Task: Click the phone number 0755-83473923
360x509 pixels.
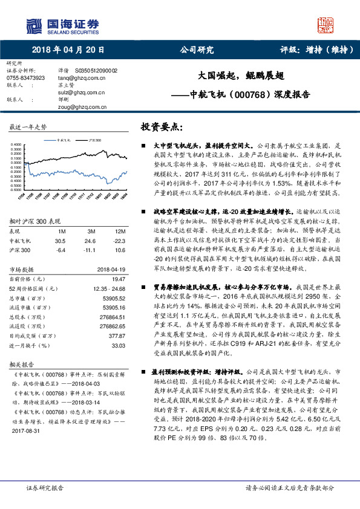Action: [x=26, y=78]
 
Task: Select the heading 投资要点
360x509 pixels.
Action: [x=161, y=128]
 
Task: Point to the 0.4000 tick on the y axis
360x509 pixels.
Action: [x=16, y=145]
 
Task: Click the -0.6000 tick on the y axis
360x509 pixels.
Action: [x=16, y=189]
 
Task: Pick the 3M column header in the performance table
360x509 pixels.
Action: [x=91, y=231]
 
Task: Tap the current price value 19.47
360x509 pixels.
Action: [x=119, y=279]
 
